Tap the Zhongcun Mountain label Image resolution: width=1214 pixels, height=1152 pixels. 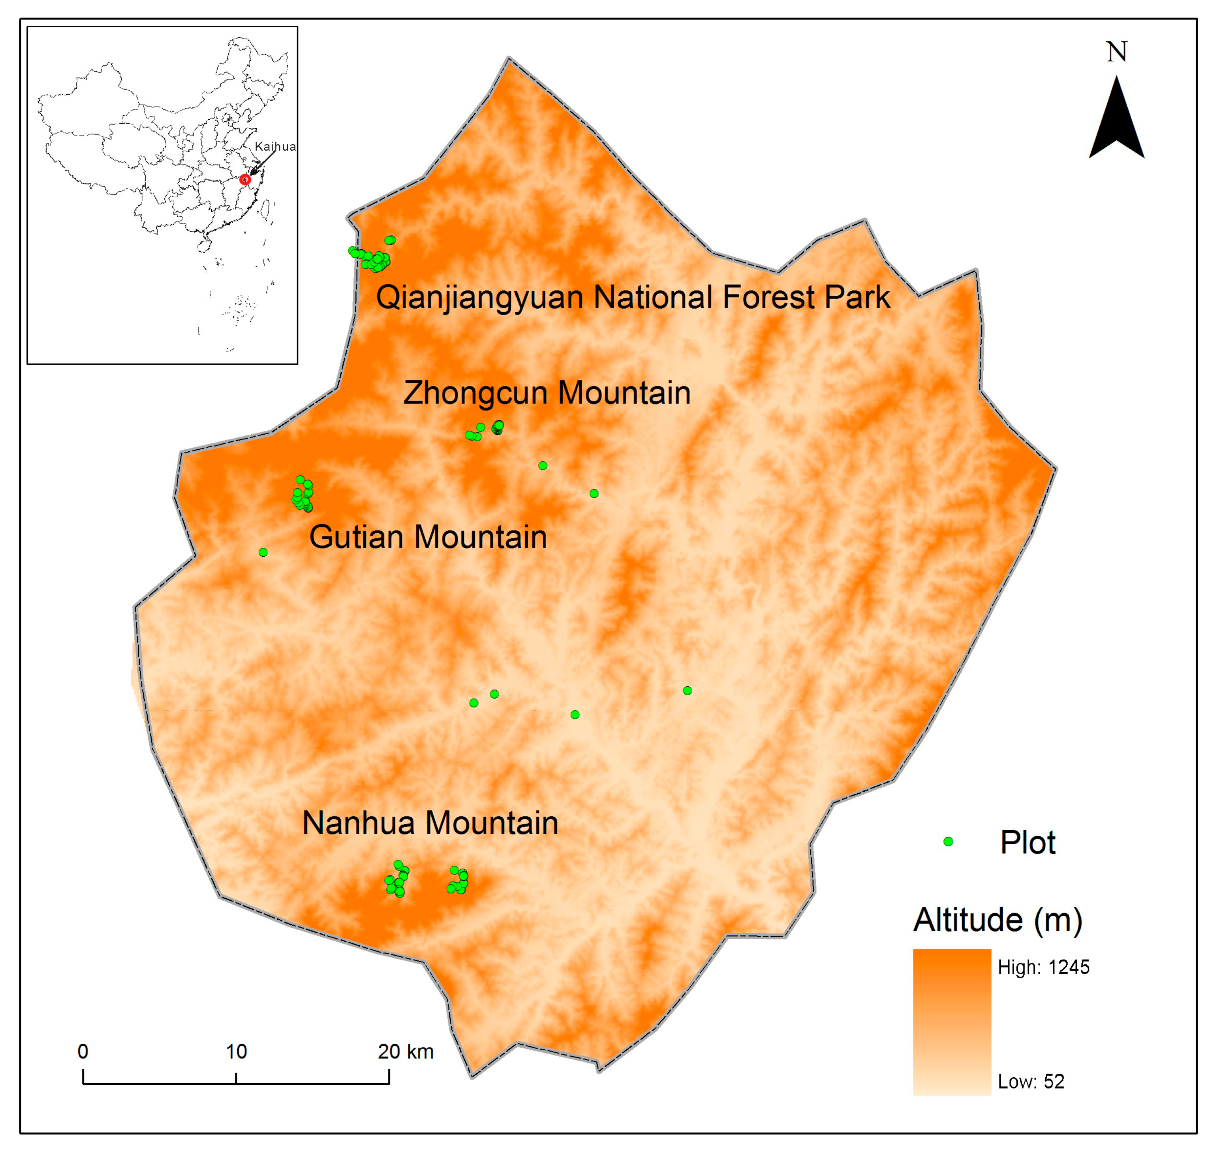(x=546, y=393)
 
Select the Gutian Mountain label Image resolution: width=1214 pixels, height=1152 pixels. (x=428, y=537)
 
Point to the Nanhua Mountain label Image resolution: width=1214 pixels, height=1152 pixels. (x=430, y=823)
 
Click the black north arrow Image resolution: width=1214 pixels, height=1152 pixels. (x=1116, y=123)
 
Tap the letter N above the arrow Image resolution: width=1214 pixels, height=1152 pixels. (x=1116, y=52)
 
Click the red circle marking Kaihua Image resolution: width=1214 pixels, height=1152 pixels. (x=245, y=179)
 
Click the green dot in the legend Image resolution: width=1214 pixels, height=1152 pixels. (x=948, y=841)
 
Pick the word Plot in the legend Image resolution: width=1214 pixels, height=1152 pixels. (x=1027, y=843)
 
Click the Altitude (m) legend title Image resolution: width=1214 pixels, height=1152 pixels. (x=997, y=920)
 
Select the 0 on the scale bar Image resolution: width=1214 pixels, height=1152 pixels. (x=83, y=1052)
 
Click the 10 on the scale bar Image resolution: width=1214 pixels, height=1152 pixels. (x=236, y=1052)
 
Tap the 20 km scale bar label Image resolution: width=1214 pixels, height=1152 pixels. (x=405, y=1052)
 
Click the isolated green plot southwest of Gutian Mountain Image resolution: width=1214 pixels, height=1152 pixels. (x=263, y=552)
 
